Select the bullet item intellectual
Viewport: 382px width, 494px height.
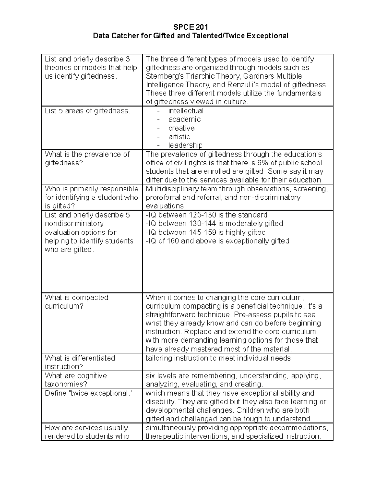(186, 111)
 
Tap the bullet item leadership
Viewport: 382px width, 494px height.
(185, 145)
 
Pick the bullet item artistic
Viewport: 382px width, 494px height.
(179, 137)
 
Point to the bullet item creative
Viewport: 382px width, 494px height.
(181, 128)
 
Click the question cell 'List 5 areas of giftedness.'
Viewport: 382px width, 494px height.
(87, 111)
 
